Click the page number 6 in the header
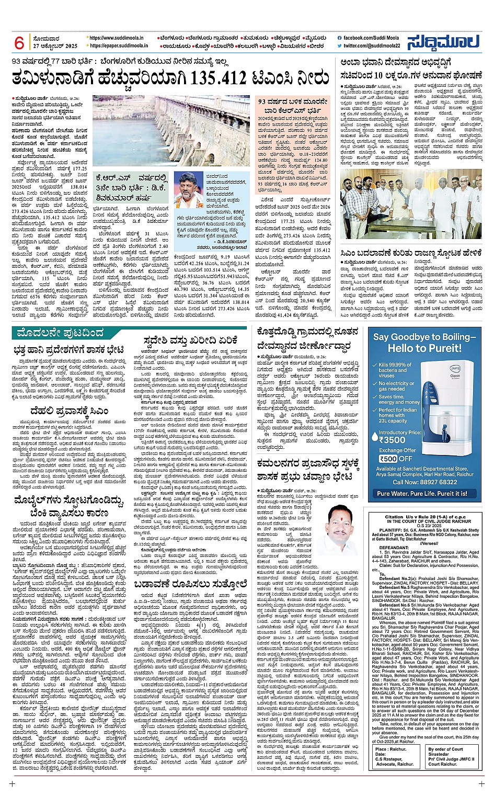point(20,43)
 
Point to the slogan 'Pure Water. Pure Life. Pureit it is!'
point(422,493)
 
